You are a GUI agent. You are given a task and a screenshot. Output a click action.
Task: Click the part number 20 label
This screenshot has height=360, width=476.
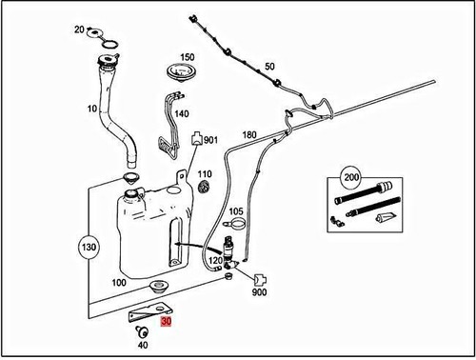(79, 30)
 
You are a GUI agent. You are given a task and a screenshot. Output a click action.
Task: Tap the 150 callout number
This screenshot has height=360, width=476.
(188, 57)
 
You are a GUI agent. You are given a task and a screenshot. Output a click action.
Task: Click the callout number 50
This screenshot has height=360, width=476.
(269, 66)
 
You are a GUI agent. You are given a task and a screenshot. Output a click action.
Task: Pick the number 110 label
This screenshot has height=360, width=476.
(205, 173)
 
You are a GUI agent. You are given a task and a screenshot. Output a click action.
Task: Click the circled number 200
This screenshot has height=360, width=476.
(352, 177)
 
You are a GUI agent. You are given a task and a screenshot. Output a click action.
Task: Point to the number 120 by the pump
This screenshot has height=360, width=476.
(215, 259)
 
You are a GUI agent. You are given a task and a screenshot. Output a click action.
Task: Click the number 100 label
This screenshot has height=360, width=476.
(119, 283)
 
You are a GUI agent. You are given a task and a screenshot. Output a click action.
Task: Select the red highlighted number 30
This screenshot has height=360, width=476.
(167, 323)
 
